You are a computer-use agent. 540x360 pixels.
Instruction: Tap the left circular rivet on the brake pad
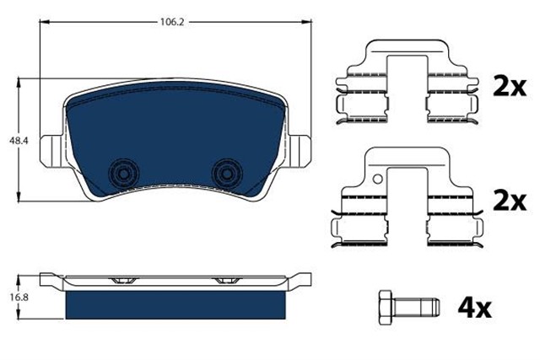(123, 172)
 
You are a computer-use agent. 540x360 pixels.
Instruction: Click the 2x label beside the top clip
(509, 87)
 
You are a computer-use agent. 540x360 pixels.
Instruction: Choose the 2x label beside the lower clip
(509, 201)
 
